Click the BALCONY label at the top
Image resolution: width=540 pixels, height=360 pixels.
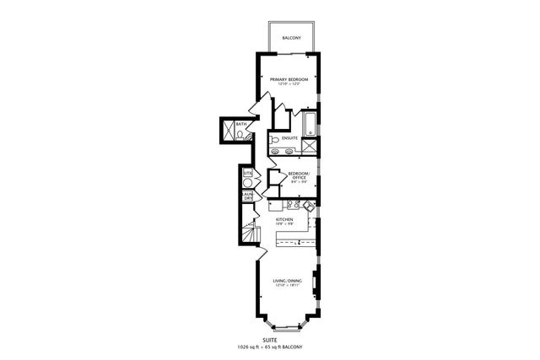[291, 37]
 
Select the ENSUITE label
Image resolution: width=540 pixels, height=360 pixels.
[289, 137]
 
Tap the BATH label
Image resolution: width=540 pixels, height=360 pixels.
[241, 125]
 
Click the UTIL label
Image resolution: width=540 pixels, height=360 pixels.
[247, 173]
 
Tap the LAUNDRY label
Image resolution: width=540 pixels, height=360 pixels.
[248, 196]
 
